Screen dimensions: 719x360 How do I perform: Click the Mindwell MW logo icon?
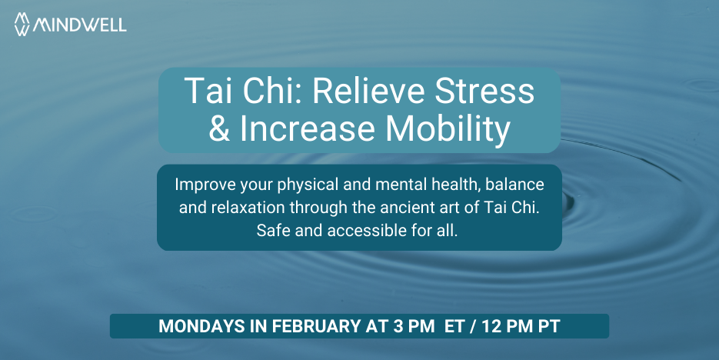tap(22, 25)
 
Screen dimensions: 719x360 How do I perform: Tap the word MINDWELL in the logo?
tap(79, 25)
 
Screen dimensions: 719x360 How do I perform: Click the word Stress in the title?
tap(484, 90)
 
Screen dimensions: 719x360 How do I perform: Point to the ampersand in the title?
tap(219, 128)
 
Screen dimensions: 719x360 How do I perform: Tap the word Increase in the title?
tap(308, 128)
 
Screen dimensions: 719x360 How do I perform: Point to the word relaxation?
tap(248, 207)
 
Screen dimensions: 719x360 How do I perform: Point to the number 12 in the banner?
tap(492, 326)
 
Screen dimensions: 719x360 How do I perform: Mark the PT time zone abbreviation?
tap(549, 326)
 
